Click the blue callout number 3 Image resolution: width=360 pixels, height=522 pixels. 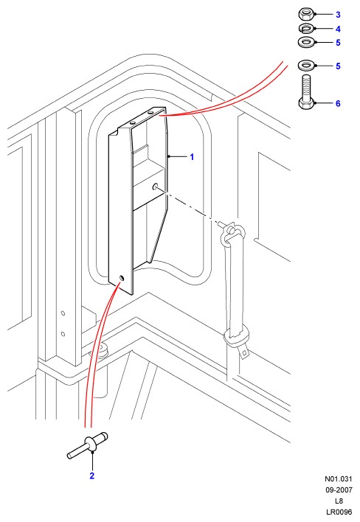click(x=338, y=15)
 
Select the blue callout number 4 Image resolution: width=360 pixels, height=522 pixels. click(x=338, y=29)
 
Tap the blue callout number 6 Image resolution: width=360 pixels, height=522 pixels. click(x=338, y=103)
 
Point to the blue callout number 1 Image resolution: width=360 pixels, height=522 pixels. click(x=192, y=157)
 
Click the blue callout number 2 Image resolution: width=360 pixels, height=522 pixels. click(x=92, y=476)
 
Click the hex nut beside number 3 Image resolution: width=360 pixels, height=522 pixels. click(x=305, y=14)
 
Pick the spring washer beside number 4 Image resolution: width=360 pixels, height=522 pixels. click(x=305, y=29)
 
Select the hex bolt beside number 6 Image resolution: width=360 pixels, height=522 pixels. click(x=306, y=92)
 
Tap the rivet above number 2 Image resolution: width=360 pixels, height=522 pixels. click(x=88, y=445)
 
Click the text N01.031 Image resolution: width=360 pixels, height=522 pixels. click(x=339, y=478)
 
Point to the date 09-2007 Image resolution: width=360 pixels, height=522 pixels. click(x=339, y=490)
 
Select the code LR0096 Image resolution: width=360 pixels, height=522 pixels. click(x=339, y=512)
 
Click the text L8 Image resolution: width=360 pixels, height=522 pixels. click(x=339, y=501)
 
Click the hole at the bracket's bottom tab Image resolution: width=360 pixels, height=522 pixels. click(x=121, y=277)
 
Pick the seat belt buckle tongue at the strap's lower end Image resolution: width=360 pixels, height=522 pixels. click(x=244, y=352)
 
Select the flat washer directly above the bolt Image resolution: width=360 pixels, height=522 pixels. click(x=305, y=66)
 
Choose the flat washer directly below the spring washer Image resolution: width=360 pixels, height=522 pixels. click(x=305, y=42)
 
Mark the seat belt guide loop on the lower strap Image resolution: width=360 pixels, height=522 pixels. click(x=236, y=335)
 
